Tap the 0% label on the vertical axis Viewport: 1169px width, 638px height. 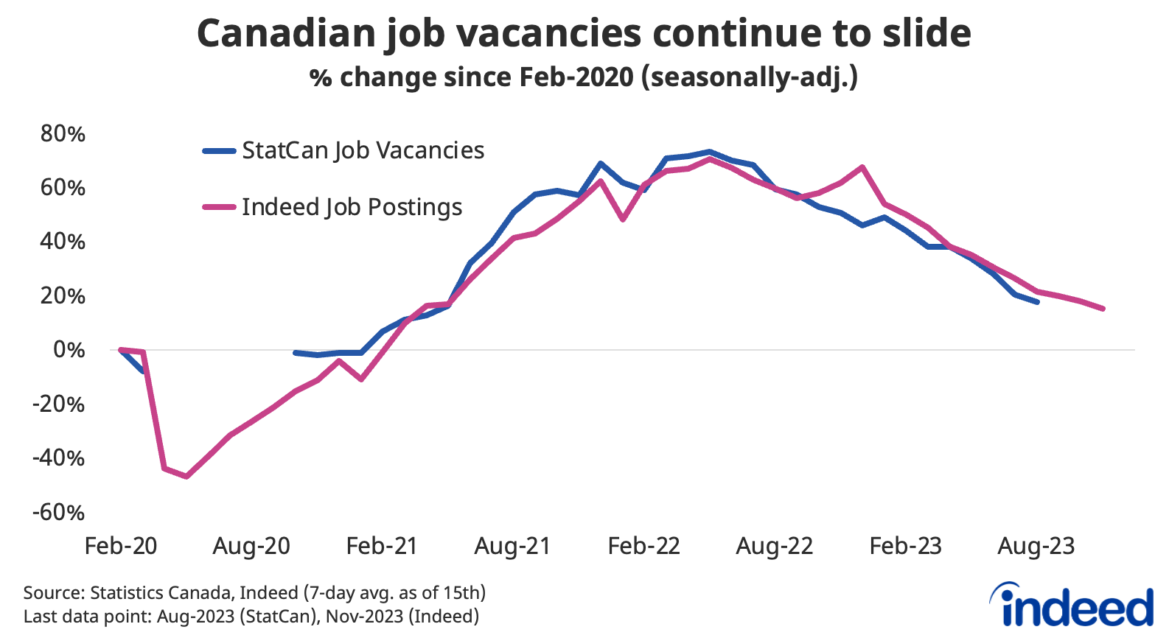tap(69, 350)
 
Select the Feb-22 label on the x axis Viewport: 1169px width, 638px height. tap(643, 547)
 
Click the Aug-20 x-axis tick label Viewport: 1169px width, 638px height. tap(251, 547)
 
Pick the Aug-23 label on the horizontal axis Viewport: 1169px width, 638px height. tap(1036, 547)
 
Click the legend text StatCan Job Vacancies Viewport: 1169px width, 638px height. tap(363, 150)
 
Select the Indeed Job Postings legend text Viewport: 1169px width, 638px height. tap(352, 207)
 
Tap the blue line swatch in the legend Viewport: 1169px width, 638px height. tap(220, 151)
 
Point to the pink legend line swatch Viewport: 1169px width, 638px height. tap(220, 208)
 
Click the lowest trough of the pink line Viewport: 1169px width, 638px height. tap(186, 477)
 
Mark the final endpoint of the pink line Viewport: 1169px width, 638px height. tap(1103, 309)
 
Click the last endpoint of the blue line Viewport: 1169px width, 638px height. tap(1037, 302)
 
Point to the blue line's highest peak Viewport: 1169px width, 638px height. tap(709, 152)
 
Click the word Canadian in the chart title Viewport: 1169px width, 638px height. tap(286, 34)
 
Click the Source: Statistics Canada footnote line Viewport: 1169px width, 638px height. tap(254, 592)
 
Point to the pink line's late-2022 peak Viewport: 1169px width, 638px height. tap(862, 167)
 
